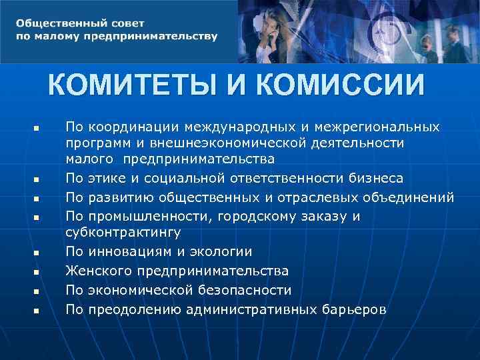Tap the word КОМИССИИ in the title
pyautogui.click(x=339, y=86)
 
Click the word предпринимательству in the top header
pyautogui.click(x=150, y=36)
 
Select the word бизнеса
pyautogui.click(x=378, y=179)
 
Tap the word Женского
pyautogui.click(x=99, y=271)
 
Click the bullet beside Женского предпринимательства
pyautogui.click(x=37, y=272)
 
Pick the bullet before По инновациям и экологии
pyautogui.click(x=37, y=253)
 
